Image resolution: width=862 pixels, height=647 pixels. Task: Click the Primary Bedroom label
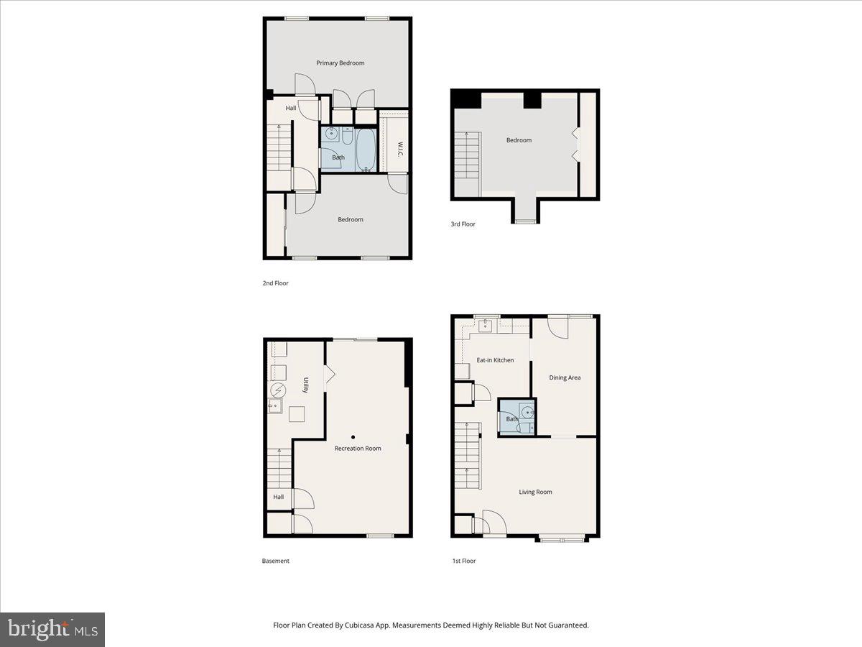click(340, 63)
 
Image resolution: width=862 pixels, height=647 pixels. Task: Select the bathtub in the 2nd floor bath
click(366, 150)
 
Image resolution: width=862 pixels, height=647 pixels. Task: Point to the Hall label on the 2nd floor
click(291, 109)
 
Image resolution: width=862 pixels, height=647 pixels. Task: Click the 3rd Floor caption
click(463, 224)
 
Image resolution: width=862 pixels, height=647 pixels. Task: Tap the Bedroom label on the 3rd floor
click(519, 140)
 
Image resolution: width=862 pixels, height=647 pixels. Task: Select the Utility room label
click(305, 385)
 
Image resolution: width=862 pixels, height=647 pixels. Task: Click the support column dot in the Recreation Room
click(353, 436)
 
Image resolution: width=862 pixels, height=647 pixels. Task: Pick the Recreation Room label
click(358, 449)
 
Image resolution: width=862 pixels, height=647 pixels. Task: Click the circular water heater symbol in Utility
click(278, 390)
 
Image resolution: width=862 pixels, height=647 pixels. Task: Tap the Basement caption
click(276, 561)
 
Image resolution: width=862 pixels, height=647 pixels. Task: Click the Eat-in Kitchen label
click(495, 360)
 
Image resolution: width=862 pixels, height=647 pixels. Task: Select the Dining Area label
click(565, 377)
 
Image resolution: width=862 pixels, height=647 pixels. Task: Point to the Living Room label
click(536, 492)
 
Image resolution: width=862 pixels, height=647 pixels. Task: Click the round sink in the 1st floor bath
click(527, 413)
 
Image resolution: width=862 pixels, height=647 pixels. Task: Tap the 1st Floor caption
click(464, 561)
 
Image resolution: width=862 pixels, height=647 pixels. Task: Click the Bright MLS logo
click(52, 630)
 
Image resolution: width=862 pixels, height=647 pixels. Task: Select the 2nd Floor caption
click(275, 283)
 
